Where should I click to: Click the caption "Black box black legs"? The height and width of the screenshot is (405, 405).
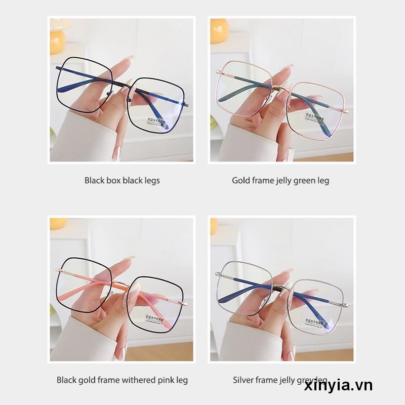click(122, 180)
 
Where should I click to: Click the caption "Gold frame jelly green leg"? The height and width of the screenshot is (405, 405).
click(280, 180)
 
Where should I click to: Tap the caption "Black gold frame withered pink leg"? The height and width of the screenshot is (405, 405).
click(122, 380)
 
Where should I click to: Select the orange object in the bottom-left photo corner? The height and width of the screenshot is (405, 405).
click(58, 223)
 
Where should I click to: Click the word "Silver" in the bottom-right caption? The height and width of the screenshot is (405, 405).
click(243, 380)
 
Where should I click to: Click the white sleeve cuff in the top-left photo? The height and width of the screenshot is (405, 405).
click(76, 137)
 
